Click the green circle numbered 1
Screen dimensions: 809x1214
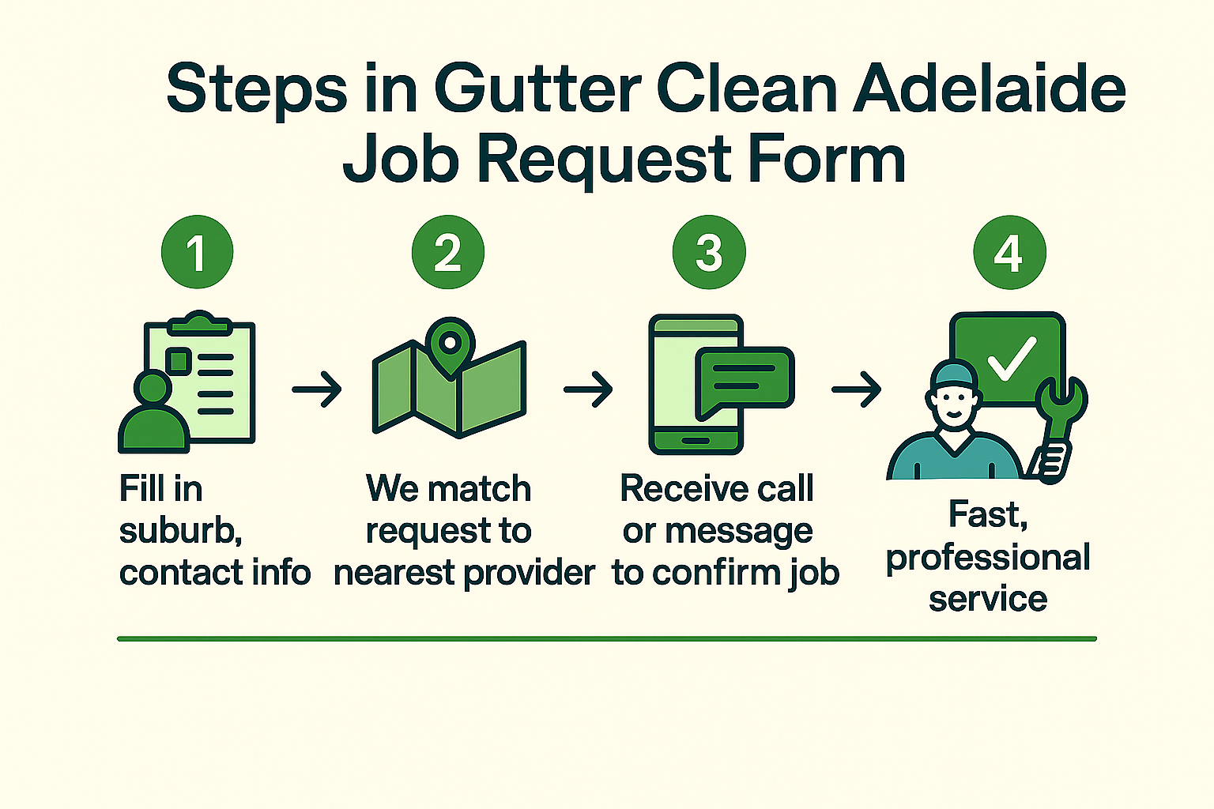click(197, 252)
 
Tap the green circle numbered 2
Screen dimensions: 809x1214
click(447, 252)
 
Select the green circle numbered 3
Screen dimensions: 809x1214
click(708, 252)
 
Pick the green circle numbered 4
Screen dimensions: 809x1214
click(1009, 252)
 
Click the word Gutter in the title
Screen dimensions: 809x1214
click(537, 88)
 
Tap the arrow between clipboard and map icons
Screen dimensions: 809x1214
click(317, 389)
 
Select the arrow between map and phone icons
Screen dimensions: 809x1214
click(588, 389)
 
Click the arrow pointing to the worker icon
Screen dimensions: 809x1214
click(857, 389)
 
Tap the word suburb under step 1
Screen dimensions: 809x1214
click(180, 531)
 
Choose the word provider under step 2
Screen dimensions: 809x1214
click(529, 574)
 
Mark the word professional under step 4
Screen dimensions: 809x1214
click(988, 558)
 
